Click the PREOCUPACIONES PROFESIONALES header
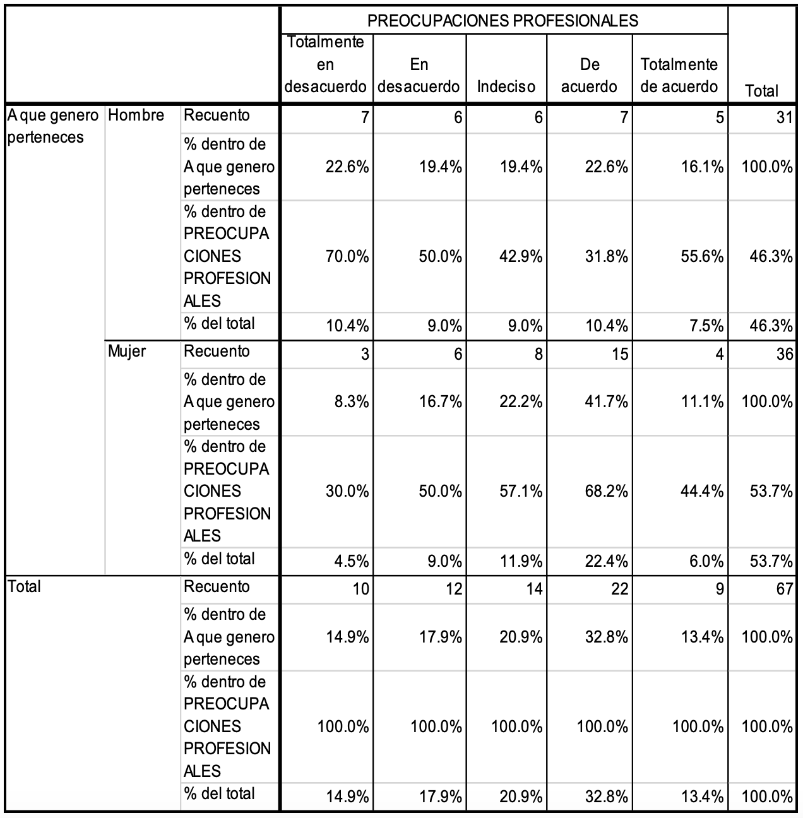coord(503,20)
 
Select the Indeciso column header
coord(506,86)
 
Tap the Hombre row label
coord(136,115)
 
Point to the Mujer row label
coord(126,352)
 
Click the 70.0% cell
coord(347,257)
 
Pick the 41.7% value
coord(606,401)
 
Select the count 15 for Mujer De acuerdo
coord(619,354)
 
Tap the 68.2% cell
coord(606,492)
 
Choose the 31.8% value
coord(606,257)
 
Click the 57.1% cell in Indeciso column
coord(521,492)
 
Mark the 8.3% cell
coord(351,401)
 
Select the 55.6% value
coord(702,257)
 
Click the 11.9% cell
coord(521,562)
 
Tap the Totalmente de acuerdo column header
coord(679,76)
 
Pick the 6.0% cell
coord(706,562)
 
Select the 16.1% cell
coord(702,167)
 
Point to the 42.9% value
coord(521,257)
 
